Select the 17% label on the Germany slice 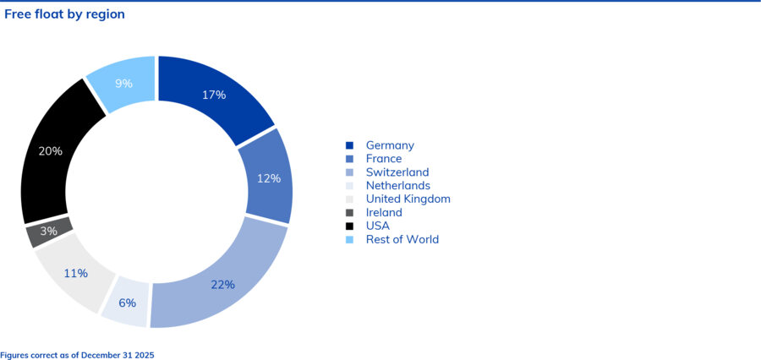[214, 95]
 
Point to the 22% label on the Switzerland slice [222, 285]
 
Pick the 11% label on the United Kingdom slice [76, 273]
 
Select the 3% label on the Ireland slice [48, 232]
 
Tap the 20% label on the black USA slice [51, 151]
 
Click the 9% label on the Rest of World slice [123, 84]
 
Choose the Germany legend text [390, 145]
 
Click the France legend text [384, 159]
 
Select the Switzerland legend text [397, 172]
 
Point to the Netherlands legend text [397, 186]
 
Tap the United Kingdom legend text [408, 199]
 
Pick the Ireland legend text [384, 213]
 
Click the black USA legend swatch [349, 226]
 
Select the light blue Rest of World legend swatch [349, 240]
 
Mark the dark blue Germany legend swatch [349, 145]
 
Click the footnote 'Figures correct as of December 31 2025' [77, 355]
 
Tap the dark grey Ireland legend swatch [349, 213]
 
